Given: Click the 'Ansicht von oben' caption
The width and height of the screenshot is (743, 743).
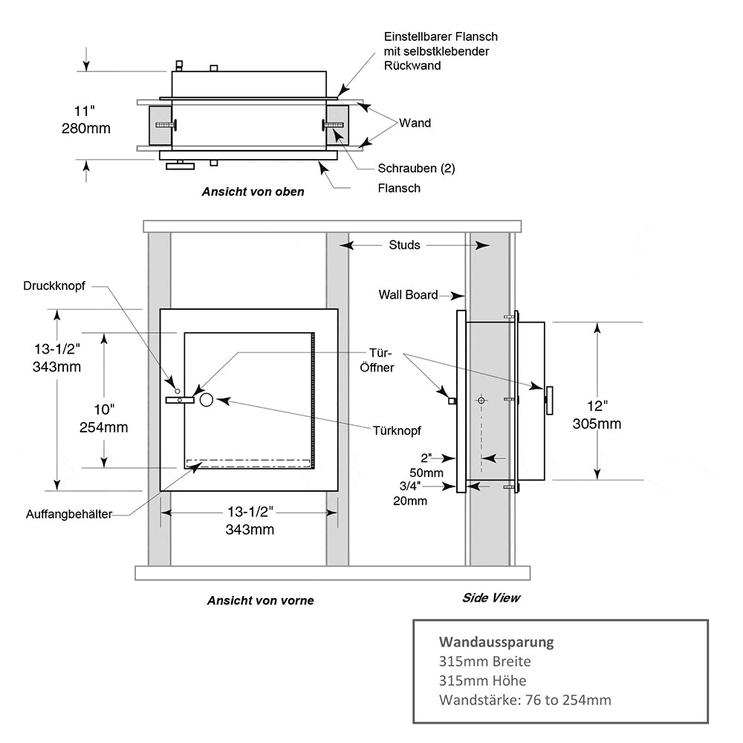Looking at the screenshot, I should click(253, 191).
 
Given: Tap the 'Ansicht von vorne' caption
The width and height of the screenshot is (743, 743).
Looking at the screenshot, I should click(260, 600).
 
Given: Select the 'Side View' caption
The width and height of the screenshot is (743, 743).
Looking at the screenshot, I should click(491, 597).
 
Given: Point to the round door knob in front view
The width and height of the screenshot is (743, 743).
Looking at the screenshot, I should click(206, 400).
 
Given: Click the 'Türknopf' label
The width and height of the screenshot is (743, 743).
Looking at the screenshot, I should click(397, 430).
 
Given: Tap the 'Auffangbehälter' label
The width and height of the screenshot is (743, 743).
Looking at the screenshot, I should click(69, 514).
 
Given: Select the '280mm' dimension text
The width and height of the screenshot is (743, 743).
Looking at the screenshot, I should click(86, 129).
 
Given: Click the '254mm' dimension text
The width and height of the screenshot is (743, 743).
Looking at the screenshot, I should click(103, 427).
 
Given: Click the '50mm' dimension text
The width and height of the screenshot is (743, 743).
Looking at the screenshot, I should click(427, 473).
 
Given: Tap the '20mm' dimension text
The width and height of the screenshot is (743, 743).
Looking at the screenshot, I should click(410, 500).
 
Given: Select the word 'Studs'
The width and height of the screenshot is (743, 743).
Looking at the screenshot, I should click(404, 244).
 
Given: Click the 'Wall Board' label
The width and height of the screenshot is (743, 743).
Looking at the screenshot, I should click(408, 294).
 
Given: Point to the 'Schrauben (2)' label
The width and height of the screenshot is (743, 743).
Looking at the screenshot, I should click(416, 168).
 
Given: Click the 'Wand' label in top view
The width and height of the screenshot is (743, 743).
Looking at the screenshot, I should click(415, 123).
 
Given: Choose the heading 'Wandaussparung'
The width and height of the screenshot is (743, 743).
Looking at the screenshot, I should click(496, 641).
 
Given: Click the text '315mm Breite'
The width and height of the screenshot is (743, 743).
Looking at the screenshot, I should click(485, 661).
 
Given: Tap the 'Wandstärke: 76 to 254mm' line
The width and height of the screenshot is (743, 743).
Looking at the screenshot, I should click(525, 699).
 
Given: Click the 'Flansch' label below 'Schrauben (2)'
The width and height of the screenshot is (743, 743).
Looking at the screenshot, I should click(399, 188).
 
